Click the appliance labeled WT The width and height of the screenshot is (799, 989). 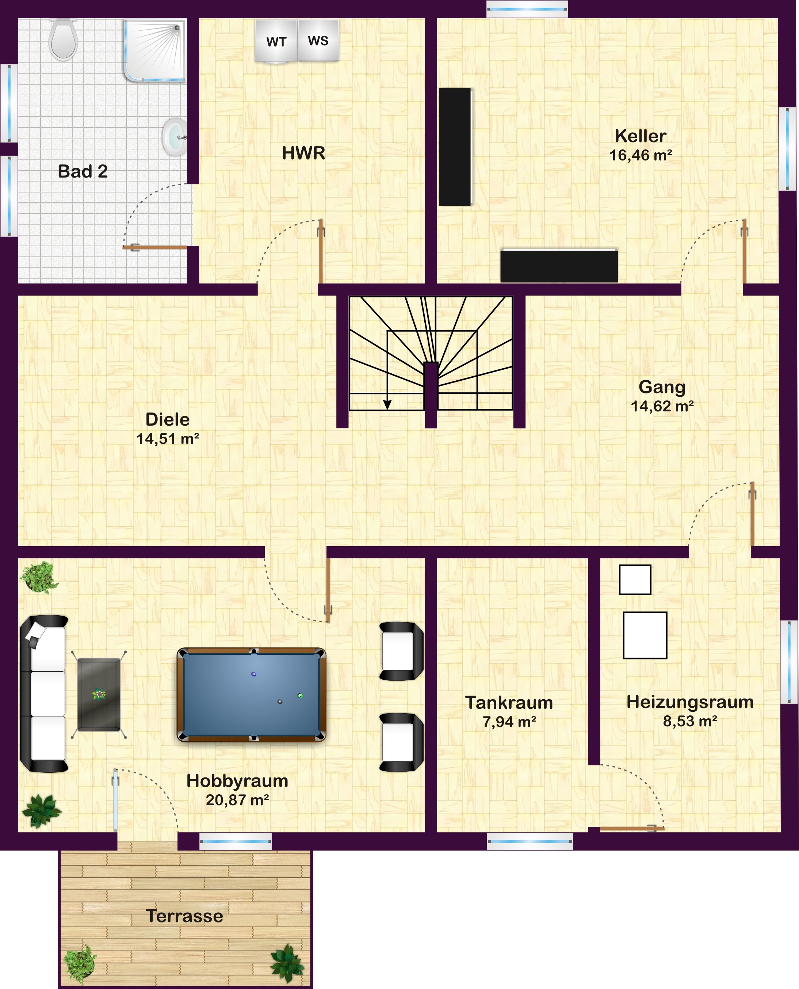pyautogui.click(x=276, y=41)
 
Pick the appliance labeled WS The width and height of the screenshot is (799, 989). pyautogui.click(x=318, y=40)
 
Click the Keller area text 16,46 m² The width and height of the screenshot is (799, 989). pyautogui.click(x=641, y=155)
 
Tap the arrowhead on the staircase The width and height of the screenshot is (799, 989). pyautogui.click(x=387, y=404)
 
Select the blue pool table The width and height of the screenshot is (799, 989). pyautogui.click(x=251, y=695)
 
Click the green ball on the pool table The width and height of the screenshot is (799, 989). pyautogui.click(x=301, y=695)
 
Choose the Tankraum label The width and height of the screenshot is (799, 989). pyautogui.click(x=509, y=703)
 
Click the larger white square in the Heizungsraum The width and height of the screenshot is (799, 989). pyautogui.click(x=645, y=635)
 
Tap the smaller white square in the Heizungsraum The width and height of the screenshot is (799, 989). pyautogui.click(x=635, y=580)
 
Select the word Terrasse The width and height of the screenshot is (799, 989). pyautogui.click(x=184, y=916)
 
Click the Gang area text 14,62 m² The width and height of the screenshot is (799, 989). pyautogui.click(x=662, y=406)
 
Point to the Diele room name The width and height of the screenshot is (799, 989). pyautogui.click(x=168, y=419)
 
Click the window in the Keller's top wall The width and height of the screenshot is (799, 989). pyautogui.click(x=527, y=9)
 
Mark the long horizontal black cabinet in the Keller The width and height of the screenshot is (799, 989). pyautogui.click(x=559, y=266)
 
